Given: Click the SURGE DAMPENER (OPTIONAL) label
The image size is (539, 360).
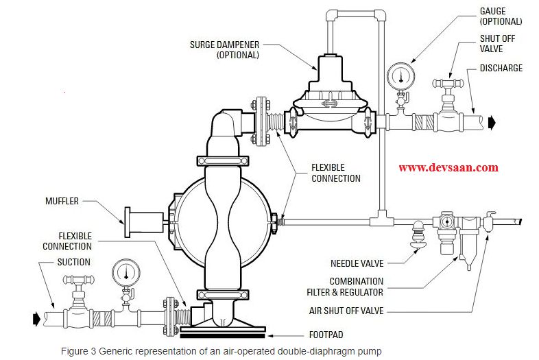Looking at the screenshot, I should pyautogui.click(x=224, y=49).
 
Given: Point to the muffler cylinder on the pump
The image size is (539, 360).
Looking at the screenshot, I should pyautogui.click(x=144, y=219).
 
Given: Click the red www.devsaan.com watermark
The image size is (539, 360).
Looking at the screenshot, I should pyautogui.click(x=448, y=167).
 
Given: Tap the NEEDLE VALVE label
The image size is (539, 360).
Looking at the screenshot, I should pyautogui.click(x=357, y=263).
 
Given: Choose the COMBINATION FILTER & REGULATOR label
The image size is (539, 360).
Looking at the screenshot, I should pyautogui.click(x=356, y=286).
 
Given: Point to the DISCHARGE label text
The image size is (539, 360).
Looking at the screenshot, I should pyautogui.click(x=501, y=68).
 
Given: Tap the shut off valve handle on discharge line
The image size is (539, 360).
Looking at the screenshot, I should pyautogui.click(x=449, y=84).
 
